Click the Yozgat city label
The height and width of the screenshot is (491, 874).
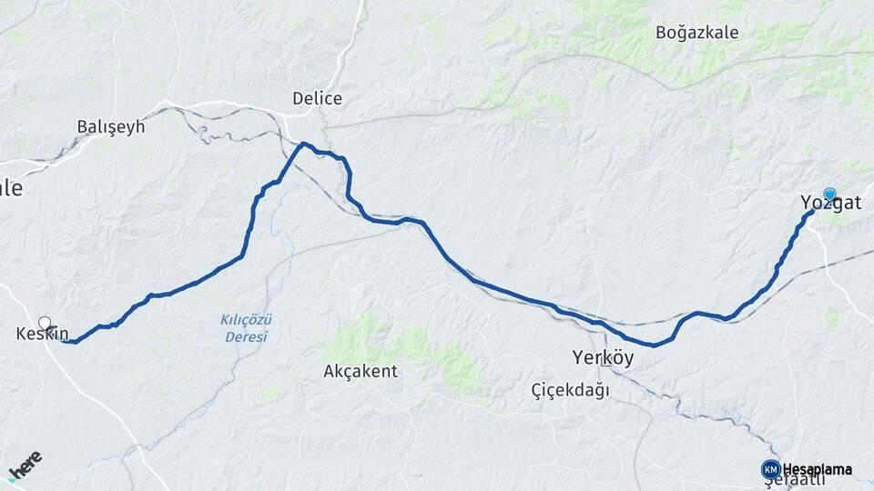pos(829,204)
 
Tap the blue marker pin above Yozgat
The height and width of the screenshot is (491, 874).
pos(829,194)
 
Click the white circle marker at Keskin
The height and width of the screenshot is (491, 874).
pos(45,322)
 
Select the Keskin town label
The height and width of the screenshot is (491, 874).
pos(42,334)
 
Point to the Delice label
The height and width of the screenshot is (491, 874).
pos(317,98)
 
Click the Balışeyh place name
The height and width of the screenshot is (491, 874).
pos(111,126)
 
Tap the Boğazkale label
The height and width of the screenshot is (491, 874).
pos(696,33)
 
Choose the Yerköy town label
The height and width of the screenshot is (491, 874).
pos(603,357)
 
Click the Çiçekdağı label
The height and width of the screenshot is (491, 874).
pos(571,390)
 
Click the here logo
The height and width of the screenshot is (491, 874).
pos(25,466)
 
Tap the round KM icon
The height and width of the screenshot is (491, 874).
pos(770,469)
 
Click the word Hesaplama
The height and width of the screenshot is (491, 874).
pos(818,470)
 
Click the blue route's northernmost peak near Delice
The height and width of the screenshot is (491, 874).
pos(304,144)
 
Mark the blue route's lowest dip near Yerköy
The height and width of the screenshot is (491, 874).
pos(654,346)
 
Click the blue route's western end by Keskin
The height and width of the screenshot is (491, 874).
pos(72,342)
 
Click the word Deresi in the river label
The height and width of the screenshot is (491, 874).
pos(247,336)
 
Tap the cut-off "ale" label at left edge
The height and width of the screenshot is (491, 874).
pos(10,188)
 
